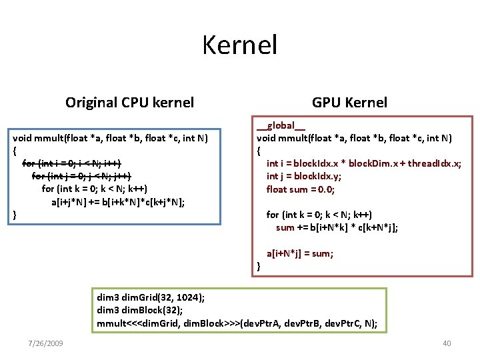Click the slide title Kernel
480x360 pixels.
coord(239,45)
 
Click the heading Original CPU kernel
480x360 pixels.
coord(129,102)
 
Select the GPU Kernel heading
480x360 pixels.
coord(349,102)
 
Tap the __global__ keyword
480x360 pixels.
coord(281,125)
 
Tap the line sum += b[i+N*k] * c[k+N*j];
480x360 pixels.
coord(337,227)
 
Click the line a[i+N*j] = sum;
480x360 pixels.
coord(300,253)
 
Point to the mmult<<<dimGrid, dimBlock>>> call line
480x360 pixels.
coord(237,324)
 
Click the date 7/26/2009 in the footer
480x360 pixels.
coord(46,343)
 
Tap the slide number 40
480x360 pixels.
coord(447,343)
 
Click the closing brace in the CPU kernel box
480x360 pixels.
coord(15,215)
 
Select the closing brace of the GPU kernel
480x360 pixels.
coord(259,267)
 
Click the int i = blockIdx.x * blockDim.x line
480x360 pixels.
coord(364,163)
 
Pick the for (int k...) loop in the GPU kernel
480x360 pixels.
coord(319,215)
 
